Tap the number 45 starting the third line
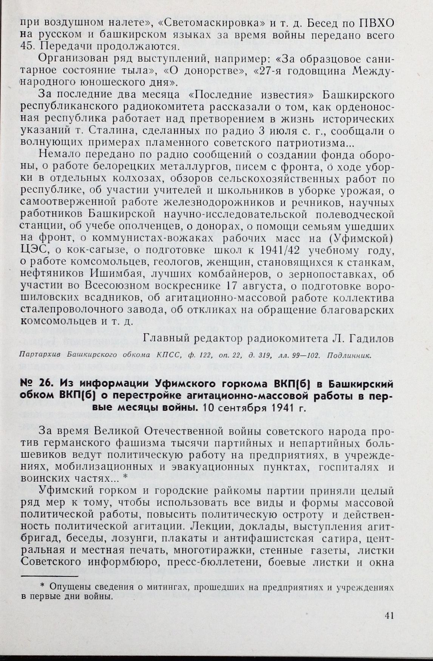click(x=26, y=47)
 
